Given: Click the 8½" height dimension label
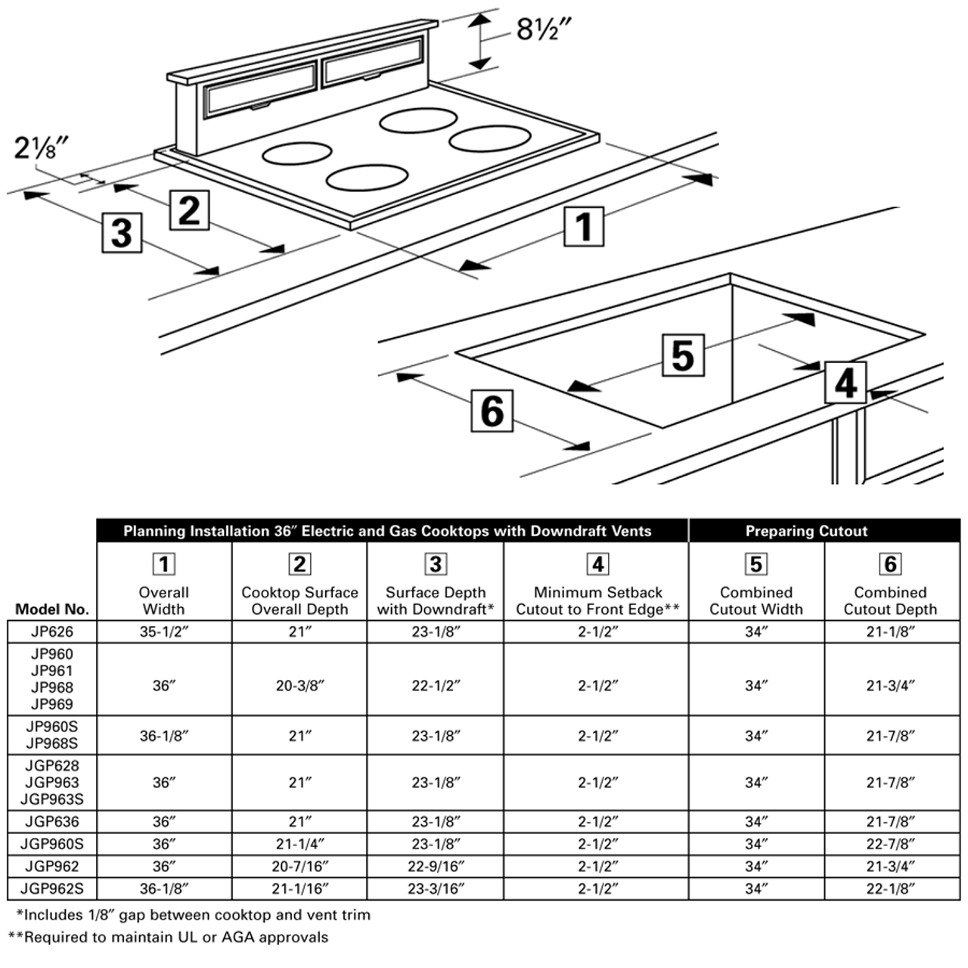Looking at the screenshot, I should click(543, 29).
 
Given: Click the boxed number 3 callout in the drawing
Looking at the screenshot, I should click(122, 231).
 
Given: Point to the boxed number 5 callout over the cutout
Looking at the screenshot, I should click(682, 354).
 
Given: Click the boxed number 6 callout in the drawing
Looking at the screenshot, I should click(492, 411).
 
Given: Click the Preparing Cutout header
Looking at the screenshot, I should click(806, 531).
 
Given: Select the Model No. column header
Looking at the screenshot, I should click(52, 609).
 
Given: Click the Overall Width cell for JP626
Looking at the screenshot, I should click(164, 632).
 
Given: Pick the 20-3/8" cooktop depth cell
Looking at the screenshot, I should click(299, 686).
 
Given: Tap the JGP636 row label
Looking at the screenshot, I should click(51, 822).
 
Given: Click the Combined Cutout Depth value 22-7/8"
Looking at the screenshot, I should click(891, 844).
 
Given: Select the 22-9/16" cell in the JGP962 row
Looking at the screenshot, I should click(436, 867).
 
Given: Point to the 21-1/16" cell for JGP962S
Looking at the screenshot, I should click(299, 889).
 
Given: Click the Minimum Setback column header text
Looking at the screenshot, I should click(597, 600).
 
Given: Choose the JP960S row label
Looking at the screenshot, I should click(51, 727).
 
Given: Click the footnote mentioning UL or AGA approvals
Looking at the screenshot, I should click(169, 938).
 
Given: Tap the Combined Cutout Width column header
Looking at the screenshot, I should click(755, 600).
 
